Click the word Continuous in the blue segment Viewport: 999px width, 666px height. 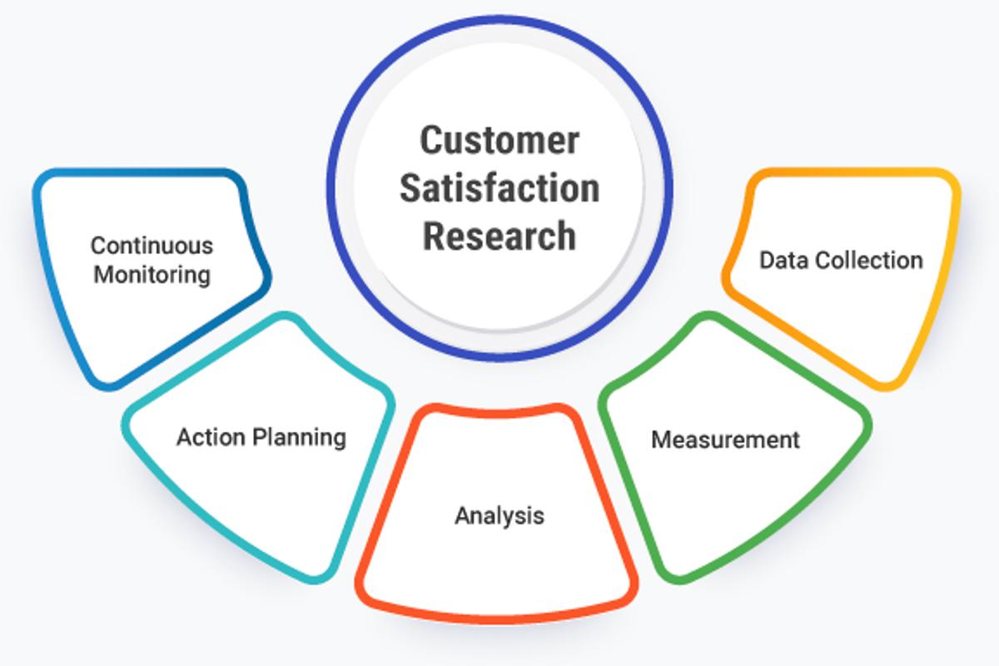[x=152, y=246]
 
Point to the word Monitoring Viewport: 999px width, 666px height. [x=152, y=274]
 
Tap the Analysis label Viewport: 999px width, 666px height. [x=499, y=515]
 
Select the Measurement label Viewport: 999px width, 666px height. [x=725, y=439]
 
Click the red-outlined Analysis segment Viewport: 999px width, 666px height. [x=499, y=566]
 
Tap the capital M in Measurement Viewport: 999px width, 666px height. [x=661, y=439]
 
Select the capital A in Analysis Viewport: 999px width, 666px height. [x=462, y=515]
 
